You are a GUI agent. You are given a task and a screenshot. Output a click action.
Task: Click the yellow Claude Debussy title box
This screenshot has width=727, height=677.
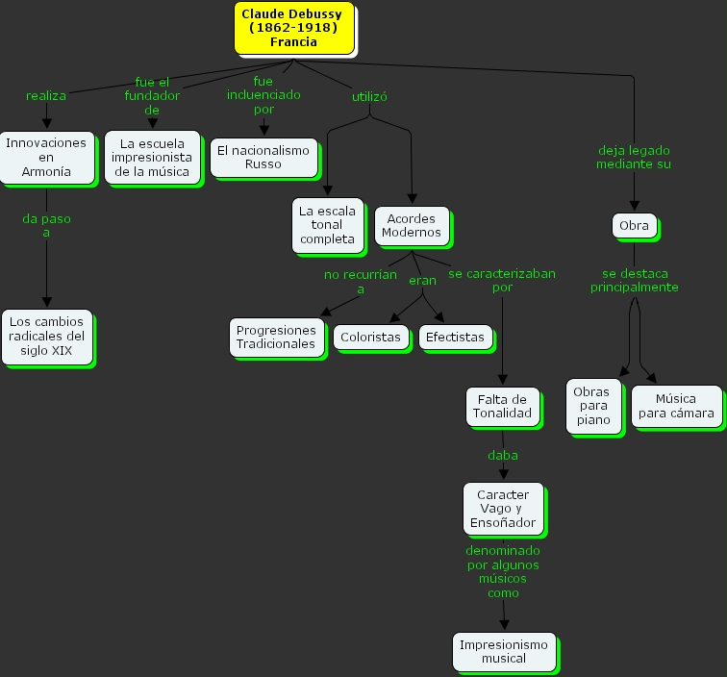pyautogui.click(x=292, y=29)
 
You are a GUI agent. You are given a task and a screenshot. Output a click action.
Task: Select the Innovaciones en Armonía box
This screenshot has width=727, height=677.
pyautogui.click(x=47, y=157)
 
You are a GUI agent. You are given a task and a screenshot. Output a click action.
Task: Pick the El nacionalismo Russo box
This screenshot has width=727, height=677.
pyautogui.click(x=263, y=157)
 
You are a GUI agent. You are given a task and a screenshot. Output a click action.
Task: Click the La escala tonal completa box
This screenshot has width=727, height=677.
pyautogui.click(x=328, y=225)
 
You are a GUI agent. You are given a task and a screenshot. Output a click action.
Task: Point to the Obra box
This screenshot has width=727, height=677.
pyautogui.click(x=634, y=226)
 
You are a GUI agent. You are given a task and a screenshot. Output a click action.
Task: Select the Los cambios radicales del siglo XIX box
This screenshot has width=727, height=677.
pyautogui.click(x=46, y=336)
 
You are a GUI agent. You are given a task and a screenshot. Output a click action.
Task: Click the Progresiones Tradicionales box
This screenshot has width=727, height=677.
pyautogui.click(x=276, y=337)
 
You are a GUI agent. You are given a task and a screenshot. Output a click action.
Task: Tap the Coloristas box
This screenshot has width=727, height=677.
pyautogui.click(x=370, y=338)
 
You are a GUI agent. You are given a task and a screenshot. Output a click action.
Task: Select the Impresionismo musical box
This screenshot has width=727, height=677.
pyautogui.click(x=503, y=651)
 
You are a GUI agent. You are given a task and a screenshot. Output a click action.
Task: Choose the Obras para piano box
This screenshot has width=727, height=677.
pyautogui.click(x=593, y=405)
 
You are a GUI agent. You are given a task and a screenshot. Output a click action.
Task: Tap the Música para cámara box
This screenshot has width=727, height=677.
pyautogui.click(x=676, y=406)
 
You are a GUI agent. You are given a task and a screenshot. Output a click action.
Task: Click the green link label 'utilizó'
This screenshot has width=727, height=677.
pyautogui.click(x=369, y=96)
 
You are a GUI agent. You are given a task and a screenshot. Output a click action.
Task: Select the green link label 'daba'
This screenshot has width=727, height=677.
pyautogui.click(x=502, y=454)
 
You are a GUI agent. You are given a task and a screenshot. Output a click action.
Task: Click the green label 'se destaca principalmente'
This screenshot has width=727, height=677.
pyautogui.click(x=634, y=280)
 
